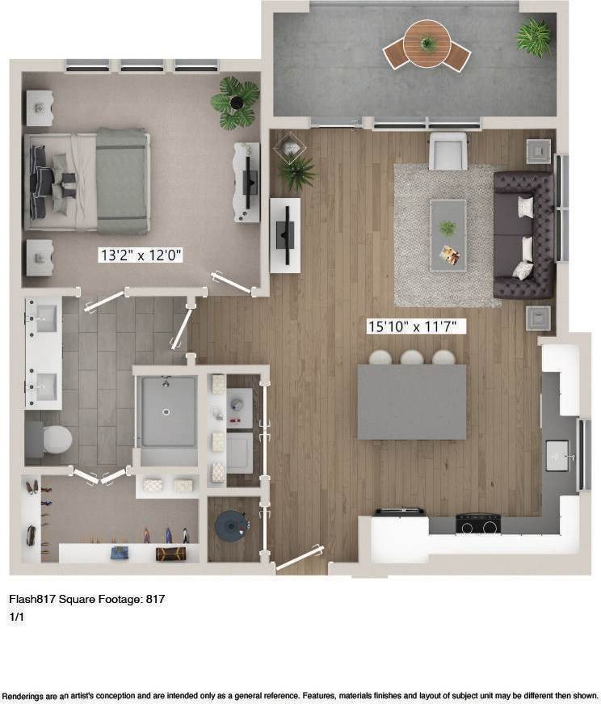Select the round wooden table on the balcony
[427, 42]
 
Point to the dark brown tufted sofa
[524, 234]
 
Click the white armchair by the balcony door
[448, 151]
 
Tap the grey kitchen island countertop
[412, 402]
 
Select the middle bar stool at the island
[412, 357]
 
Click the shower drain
[166, 411]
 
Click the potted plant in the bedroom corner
[236, 102]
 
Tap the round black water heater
[232, 526]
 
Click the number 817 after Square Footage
[155, 599]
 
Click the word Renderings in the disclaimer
[26, 696]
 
